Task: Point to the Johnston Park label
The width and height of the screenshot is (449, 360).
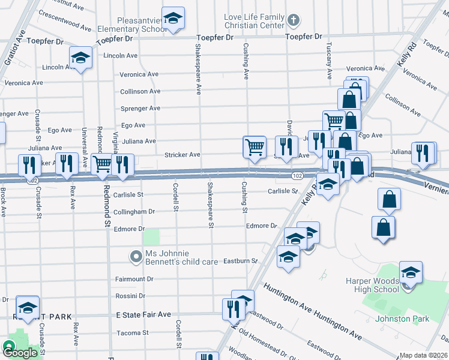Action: pos(402,319)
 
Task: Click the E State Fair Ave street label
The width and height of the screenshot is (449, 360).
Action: pos(143,314)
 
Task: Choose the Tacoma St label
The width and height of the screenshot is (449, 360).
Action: pos(132,332)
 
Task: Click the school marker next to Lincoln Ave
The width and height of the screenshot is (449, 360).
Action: pos(80,58)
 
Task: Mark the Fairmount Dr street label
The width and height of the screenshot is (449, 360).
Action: pos(134,279)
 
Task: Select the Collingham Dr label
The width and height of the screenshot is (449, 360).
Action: pos(134,211)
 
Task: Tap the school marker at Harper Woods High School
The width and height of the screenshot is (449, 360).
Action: pos(411,272)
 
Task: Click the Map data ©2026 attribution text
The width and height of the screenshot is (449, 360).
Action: pos(423,355)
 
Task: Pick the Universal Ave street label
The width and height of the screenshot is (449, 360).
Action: pos(85,146)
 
